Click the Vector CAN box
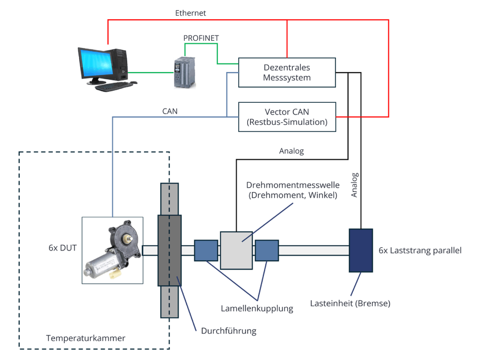(287, 117)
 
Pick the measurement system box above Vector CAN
(287, 72)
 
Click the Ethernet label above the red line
(191, 13)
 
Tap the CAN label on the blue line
(170, 111)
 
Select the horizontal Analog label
(291, 151)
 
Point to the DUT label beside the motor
(62, 250)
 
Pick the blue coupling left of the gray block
(206, 250)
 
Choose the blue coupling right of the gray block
(267, 250)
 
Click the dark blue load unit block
(361, 250)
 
